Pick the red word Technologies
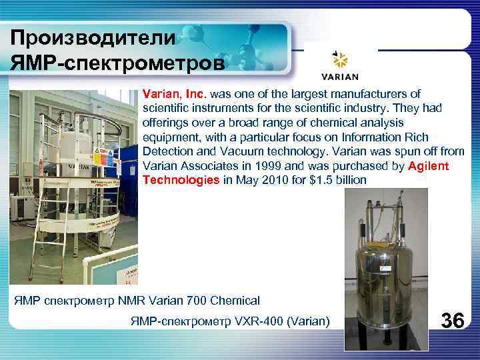(x=181, y=180)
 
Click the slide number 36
(x=453, y=321)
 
